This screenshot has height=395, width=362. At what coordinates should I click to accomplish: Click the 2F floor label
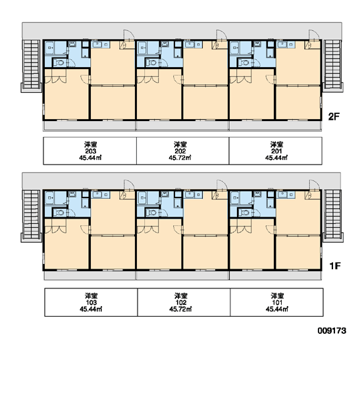334,117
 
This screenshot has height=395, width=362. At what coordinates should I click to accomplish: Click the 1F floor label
335,266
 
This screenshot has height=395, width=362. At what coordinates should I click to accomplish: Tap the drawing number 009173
332,330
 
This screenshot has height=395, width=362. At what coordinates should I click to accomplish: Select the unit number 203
91,151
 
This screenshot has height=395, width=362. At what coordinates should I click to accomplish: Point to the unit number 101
277,302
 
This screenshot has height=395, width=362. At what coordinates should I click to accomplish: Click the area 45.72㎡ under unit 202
180,158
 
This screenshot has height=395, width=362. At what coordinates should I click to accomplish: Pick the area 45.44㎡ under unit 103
91,309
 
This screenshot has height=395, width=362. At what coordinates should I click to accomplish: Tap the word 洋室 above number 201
277,145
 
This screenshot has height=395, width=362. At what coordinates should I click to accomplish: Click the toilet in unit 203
59,63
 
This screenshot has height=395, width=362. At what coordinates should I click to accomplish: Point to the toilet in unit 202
152,63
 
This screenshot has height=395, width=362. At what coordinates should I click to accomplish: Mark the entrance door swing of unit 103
128,184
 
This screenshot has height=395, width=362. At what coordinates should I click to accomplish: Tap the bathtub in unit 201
235,47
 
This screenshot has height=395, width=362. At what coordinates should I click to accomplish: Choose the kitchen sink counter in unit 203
101,45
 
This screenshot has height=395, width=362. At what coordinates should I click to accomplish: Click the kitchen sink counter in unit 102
194,195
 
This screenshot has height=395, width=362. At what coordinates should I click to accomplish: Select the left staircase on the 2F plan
31,65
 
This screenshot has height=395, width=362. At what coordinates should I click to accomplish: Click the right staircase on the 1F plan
332,215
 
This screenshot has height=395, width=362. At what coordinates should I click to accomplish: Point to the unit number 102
181,302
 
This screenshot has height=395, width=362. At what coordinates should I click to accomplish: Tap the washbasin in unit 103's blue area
72,194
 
